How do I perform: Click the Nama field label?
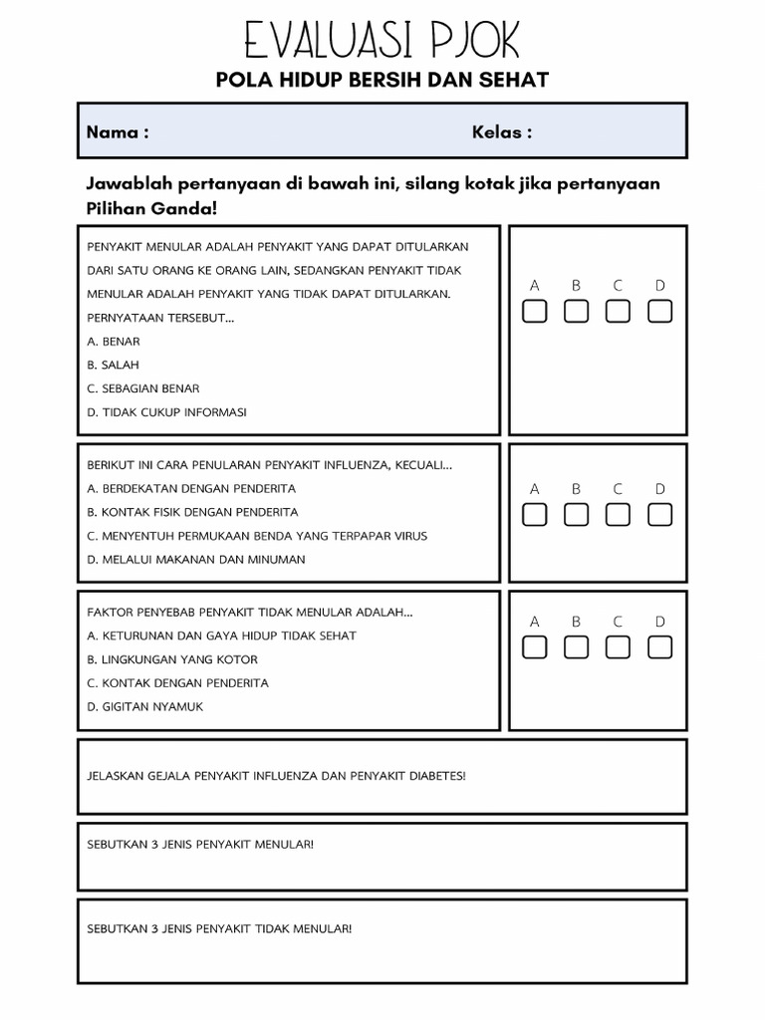click(x=118, y=132)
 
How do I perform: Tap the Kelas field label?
click(x=501, y=132)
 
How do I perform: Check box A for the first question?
click(x=535, y=312)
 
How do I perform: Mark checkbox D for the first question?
click(x=659, y=312)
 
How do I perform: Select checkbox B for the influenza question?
click(x=576, y=514)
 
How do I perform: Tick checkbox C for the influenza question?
click(x=618, y=514)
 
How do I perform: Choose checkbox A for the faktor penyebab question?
click(x=535, y=647)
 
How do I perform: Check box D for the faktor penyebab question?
click(x=659, y=647)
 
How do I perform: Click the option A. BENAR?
click(x=114, y=342)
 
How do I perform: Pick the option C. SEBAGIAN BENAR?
click(x=143, y=388)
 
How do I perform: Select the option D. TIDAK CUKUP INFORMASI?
click(x=166, y=412)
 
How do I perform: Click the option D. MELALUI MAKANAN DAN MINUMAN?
click(x=196, y=560)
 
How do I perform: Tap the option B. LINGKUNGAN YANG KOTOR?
click(x=172, y=659)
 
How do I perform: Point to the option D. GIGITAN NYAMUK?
click(x=145, y=707)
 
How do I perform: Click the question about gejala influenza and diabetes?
click(x=276, y=775)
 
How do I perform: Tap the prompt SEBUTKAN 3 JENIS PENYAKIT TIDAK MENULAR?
click(x=219, y=928)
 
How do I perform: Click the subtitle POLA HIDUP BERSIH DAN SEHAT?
click(x=382, y=80)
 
